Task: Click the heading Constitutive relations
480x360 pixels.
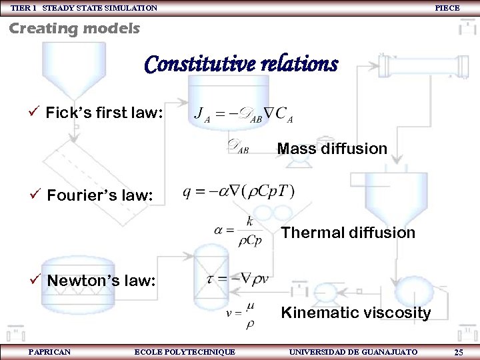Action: click(x=241, y=65)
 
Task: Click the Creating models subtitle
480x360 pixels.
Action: click(x=74, y=29)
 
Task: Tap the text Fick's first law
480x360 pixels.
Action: click(x=103, y=113)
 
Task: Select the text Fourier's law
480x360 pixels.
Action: click(x=100, y=195)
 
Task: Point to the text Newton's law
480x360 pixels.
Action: click(x=101, y=281)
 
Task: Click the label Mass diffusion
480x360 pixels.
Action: click(x=331, y=149)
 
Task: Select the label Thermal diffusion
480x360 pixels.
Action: click(x=347, y=233)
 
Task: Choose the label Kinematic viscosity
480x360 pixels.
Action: click(x=355, y=313)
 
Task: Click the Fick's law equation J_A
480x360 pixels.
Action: click(x=243, y=114)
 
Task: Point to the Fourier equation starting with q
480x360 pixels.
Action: click(x=238, y=191)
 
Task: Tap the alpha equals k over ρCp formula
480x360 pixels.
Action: click(x=239, y=231)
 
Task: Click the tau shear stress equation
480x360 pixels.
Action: click(x=238, y=279)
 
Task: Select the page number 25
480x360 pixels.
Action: click(x=459, y=352)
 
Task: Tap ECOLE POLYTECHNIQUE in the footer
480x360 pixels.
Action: click(x=185, y=351)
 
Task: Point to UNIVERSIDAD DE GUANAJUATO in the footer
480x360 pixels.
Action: click(x=353, y=351)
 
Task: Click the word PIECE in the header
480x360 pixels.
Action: click(x=447, y=8)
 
